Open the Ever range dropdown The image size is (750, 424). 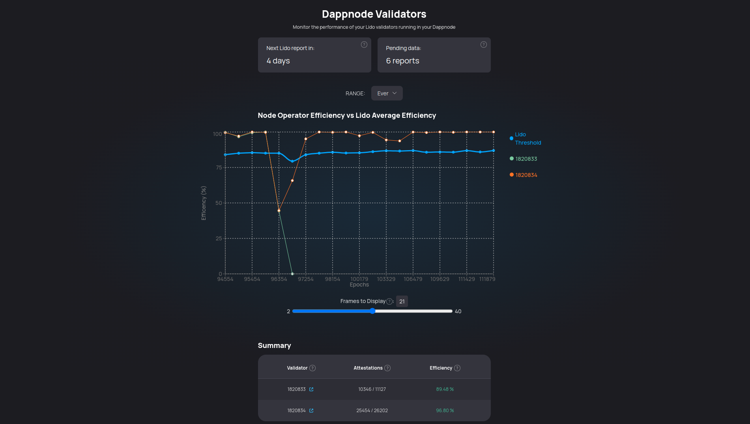point(387,93)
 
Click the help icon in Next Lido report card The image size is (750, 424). point(364,45)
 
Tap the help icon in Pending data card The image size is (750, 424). point(484,45)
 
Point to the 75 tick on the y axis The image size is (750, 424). point(219,167)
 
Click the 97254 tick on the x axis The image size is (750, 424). point(306,279)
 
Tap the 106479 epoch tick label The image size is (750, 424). point(413,279)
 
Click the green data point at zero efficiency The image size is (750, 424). point(292,274)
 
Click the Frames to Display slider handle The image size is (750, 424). point(372,311)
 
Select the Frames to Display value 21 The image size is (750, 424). point(402,301)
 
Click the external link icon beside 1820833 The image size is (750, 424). point(311,389)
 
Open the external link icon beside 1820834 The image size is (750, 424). point(311,411)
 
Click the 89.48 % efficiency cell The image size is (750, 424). point(445,389)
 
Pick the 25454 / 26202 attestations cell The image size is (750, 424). point(372,411)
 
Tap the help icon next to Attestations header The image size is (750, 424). point(387,368)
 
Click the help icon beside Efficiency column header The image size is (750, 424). point(457,368)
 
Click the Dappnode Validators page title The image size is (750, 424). point(374,14)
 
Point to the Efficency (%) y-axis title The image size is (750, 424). point(204,203)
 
